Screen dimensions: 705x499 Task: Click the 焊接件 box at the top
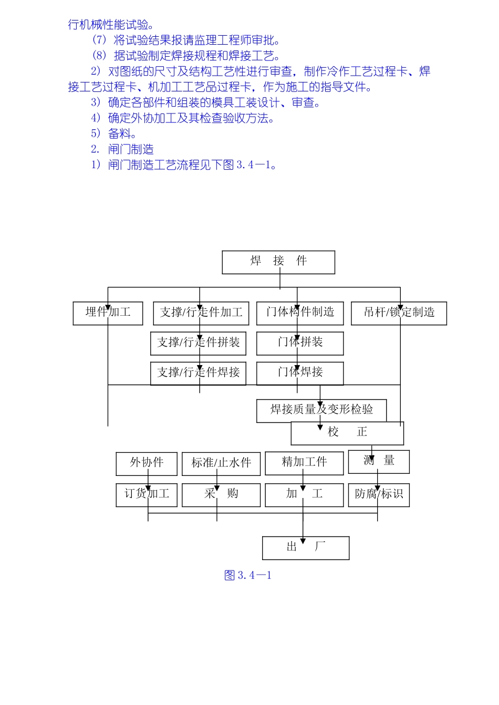(278, 262)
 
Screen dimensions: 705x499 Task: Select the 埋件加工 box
(108, 313)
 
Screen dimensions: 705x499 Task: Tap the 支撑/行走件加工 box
(201, 313)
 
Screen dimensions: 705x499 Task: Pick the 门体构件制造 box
(300, 313)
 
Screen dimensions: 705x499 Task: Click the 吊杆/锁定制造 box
(399, 313)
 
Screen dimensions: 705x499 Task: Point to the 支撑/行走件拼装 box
(198, 343)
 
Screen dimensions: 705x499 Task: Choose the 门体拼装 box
(300, 343)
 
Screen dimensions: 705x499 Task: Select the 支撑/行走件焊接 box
(198, 373)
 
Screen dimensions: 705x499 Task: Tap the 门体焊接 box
(300, 373)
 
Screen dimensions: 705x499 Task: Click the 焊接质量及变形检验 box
(321, 410)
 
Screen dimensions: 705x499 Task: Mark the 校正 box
(347, 433)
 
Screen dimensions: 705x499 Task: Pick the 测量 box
(379, 461)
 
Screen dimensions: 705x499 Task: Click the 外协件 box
(147, 463)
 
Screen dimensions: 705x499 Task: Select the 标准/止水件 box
(221, 463)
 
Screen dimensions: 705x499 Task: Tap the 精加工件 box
(304, 463)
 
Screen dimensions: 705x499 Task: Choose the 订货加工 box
(147, 495)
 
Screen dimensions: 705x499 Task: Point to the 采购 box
(221, 495)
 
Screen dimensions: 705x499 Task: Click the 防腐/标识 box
(379, 495)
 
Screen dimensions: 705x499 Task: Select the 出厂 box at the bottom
(306, 547)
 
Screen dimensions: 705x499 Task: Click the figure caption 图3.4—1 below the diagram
(248, 575)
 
